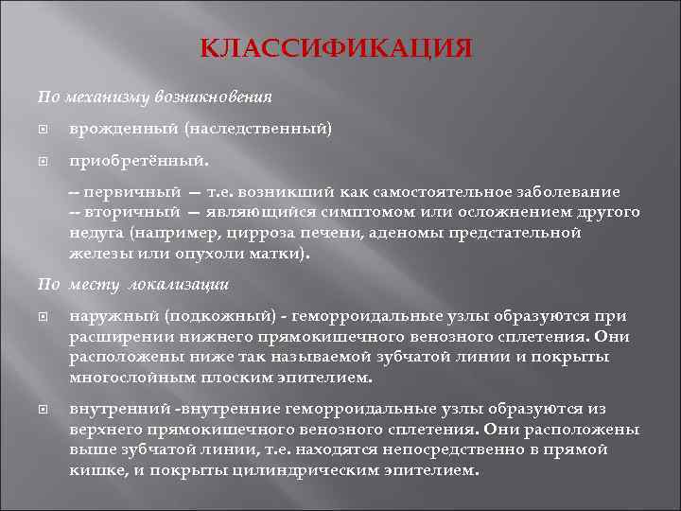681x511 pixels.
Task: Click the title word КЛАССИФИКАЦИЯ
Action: [337, 47]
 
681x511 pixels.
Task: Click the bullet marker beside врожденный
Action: [43, 128]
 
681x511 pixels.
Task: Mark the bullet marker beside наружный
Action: [43, 316]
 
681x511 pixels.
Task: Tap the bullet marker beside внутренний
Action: [43, 409]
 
